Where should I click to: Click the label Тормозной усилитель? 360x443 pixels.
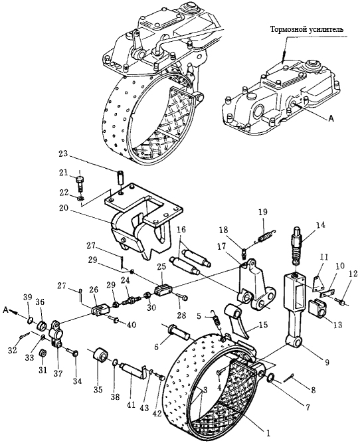point(307,29)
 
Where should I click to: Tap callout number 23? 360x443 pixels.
point(64,153)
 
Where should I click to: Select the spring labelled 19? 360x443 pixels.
point(265,236)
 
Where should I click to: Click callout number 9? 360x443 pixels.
point(327,363)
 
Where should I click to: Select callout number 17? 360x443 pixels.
point(222,246)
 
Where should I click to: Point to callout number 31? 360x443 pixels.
point(43,370)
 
